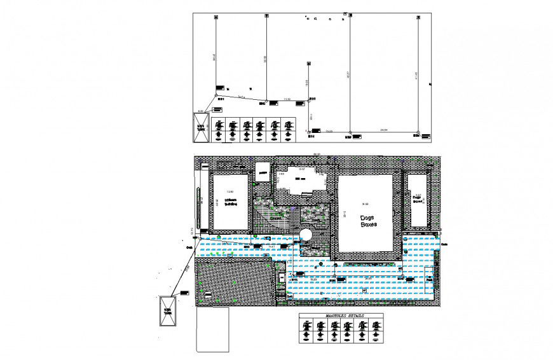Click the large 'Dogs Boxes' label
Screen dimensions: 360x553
click(x=367, y=221)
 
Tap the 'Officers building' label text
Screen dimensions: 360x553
click(x=230, y=202)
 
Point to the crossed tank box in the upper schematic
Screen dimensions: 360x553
click(x=200, y=127)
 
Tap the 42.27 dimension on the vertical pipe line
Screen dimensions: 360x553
click(x=348, y=74)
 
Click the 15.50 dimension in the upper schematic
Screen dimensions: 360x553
click(x=287, y=99)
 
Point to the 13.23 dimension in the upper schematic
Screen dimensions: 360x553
click(x=329, y=131)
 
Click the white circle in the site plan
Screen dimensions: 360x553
click(x=306, y=235)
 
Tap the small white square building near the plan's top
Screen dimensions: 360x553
click(x=262, y=171)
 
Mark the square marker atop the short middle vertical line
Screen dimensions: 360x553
click(x=308, y=64)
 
